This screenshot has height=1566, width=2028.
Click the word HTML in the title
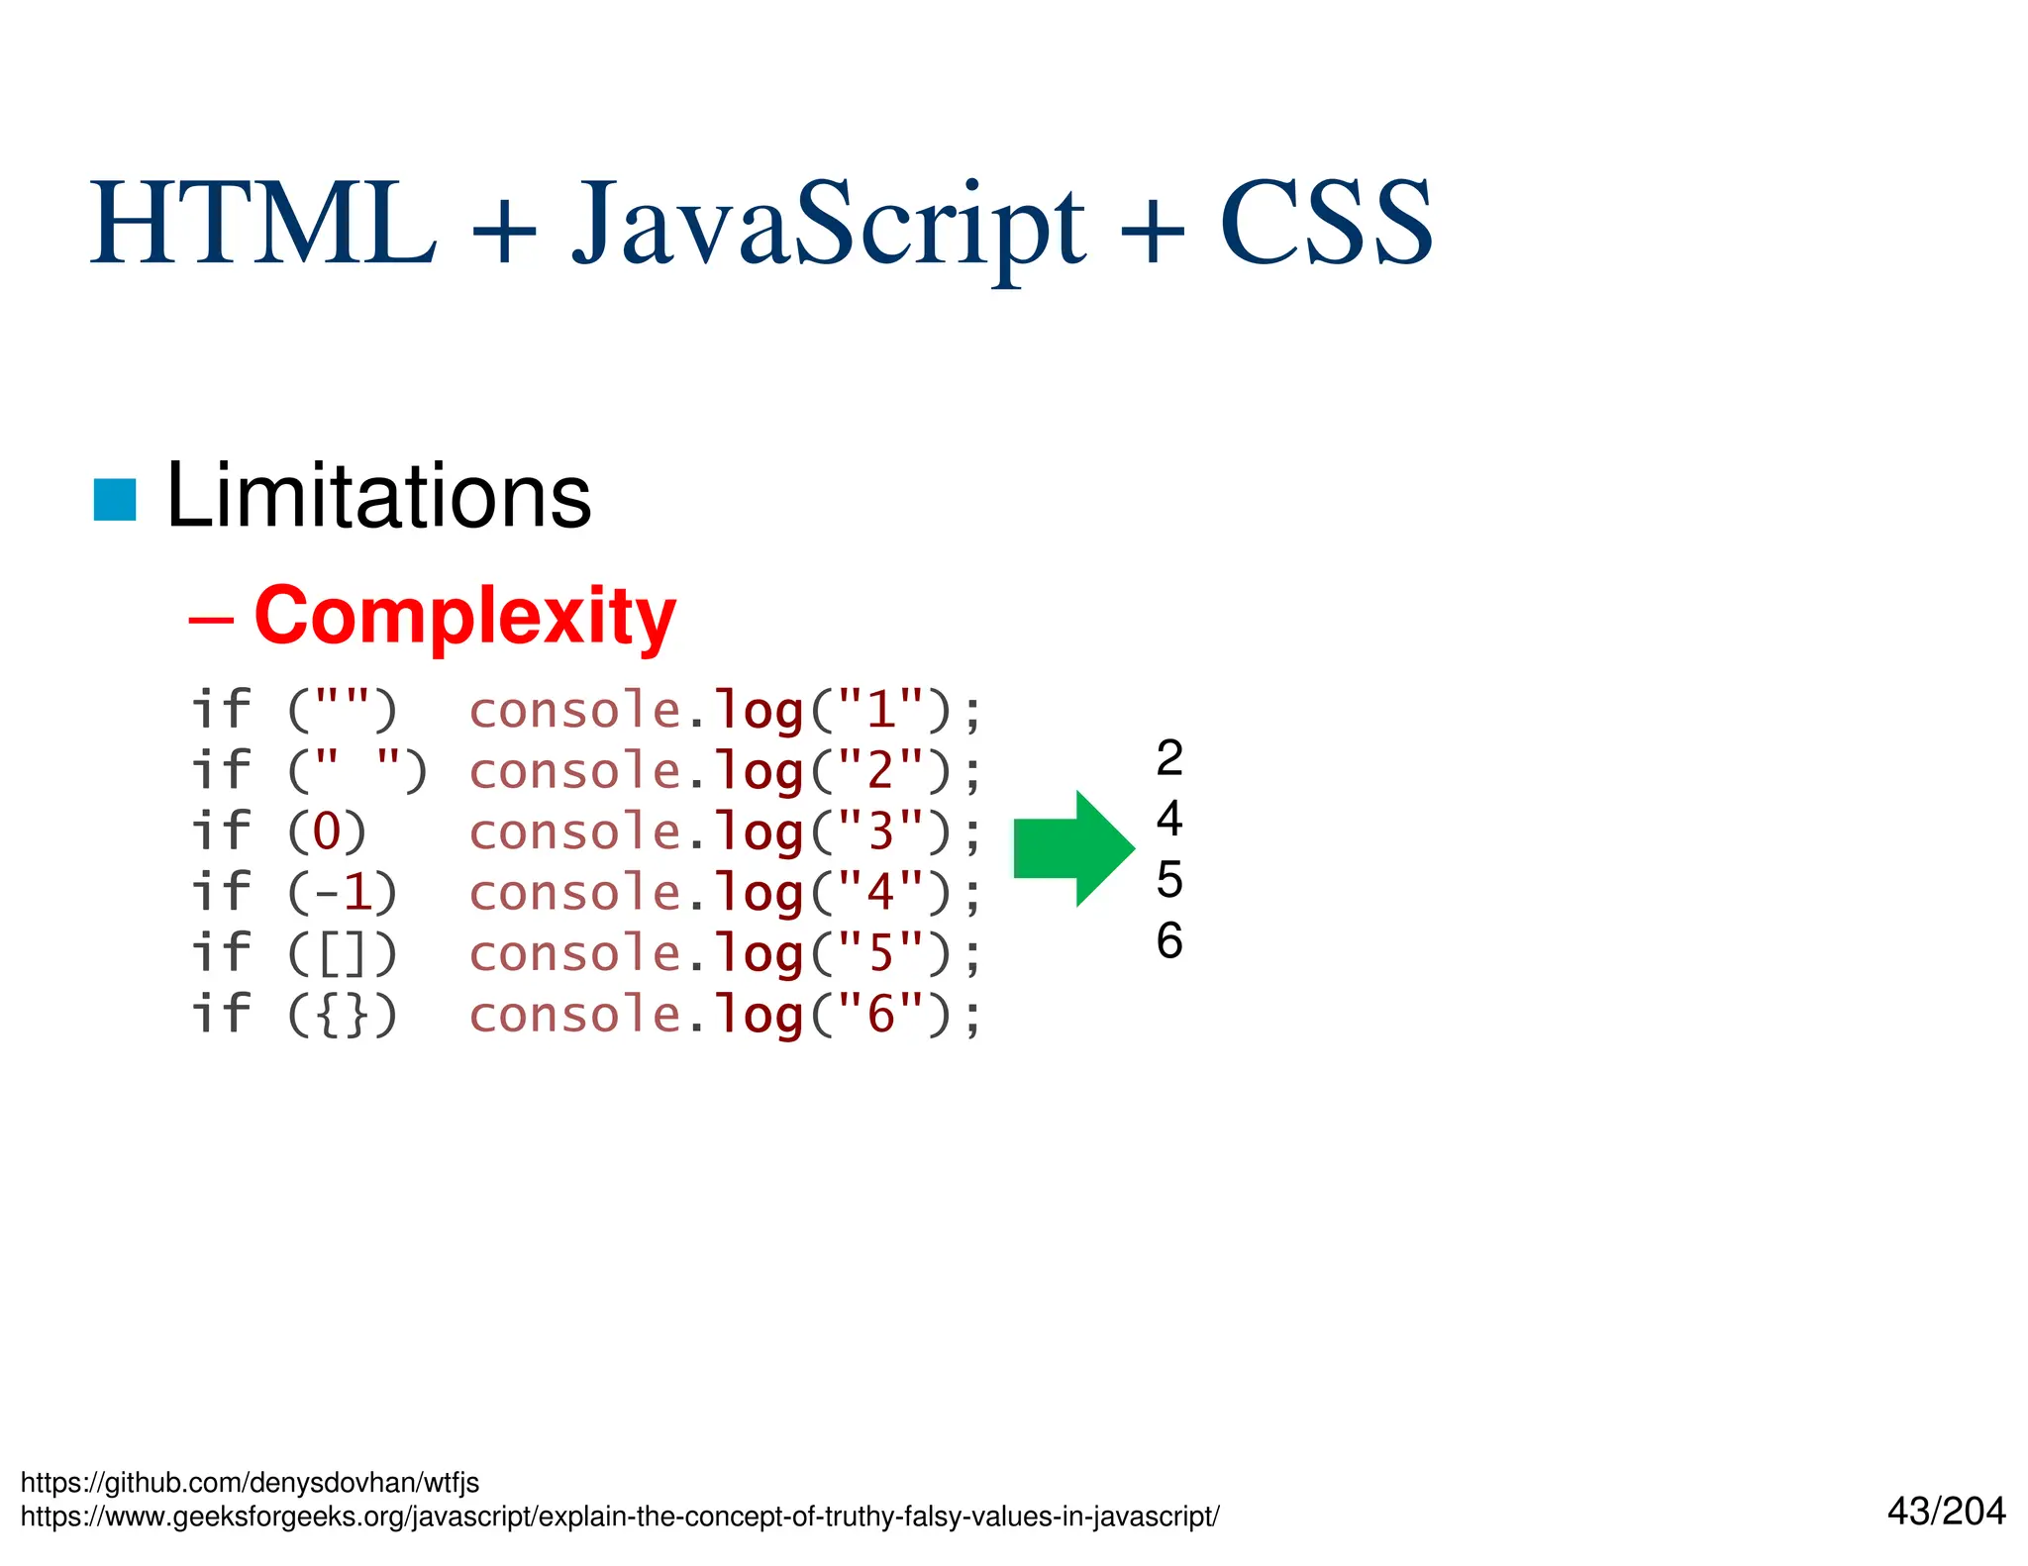262,225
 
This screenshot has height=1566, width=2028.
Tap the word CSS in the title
1325,225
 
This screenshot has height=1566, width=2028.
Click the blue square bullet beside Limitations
115,499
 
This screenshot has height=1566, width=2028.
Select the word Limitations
378,497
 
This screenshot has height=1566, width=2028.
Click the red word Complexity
464,616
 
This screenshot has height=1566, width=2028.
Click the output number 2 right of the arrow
1168,758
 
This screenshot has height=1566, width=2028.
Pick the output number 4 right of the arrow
1168,819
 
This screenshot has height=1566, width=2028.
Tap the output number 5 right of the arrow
1168,879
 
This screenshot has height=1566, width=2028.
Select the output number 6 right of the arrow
1168,940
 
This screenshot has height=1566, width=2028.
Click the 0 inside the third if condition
327,832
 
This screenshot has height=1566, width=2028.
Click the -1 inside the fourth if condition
343,893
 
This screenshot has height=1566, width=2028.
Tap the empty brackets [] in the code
343,954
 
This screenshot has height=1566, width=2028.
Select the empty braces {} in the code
343,1016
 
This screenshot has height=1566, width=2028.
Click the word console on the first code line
574,711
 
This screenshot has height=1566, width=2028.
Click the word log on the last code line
759,1016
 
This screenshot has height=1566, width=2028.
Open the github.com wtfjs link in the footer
250,1482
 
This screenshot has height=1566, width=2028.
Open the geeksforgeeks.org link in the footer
620,1516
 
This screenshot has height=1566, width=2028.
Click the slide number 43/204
1946,1512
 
